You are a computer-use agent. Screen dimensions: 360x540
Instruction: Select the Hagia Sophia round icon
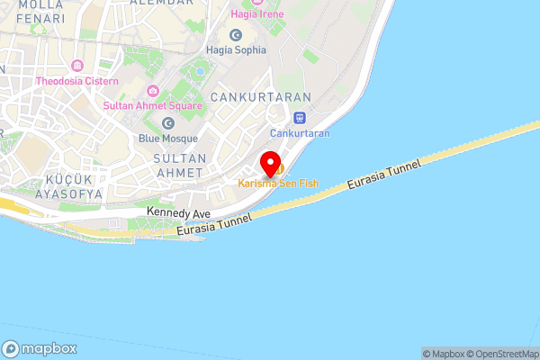[236, 35]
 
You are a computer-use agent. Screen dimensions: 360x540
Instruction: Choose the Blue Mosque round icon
[167, 123]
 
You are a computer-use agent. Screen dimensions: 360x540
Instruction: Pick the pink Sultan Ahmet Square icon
[153, 90]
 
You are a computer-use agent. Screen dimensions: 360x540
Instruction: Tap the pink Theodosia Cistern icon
[76, 66]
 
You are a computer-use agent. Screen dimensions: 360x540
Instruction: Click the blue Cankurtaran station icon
[300, 117]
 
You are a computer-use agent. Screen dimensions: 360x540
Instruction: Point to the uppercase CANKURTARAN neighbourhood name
[260, 96]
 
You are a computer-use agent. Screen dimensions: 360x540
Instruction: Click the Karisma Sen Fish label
[278, 184]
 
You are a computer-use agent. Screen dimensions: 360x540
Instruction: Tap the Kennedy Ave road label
[178, 213]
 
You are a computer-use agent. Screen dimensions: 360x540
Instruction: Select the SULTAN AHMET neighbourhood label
[180, 166]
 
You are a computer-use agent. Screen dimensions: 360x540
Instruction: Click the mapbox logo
[38, 348]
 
